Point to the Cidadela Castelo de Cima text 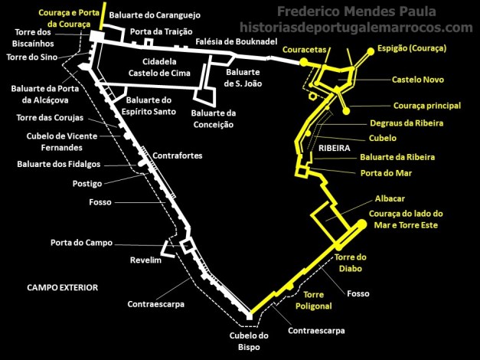coord(162,67)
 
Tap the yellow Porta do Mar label coord(386,172)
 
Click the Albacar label coord(391,198)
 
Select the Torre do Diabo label coord(351,263)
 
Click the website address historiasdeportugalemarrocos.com coord(356,28)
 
